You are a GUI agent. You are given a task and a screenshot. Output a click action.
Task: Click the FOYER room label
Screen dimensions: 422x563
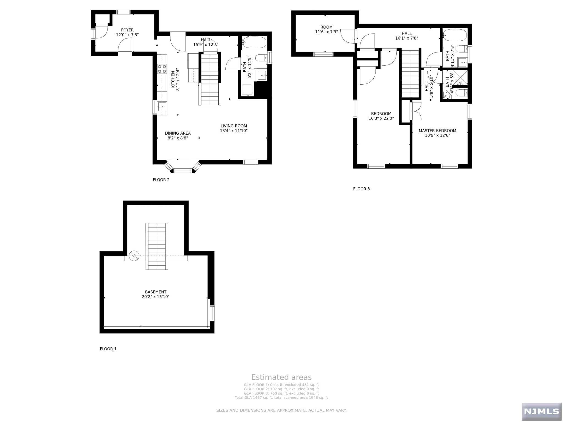click(x=127, y=30)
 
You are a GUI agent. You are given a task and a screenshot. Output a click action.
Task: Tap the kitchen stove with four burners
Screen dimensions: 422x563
click(x=162, y=69)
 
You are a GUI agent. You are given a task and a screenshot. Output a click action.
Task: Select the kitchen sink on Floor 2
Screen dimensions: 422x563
click(x=162, y=106)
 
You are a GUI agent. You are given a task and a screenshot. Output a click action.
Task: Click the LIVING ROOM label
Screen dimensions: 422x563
click(x=234, y=126)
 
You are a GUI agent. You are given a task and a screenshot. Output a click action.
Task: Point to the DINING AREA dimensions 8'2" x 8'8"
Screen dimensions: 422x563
click(x=178, y=138)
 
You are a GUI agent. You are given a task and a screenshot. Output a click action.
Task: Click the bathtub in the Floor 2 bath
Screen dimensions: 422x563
click(x=255, y=43)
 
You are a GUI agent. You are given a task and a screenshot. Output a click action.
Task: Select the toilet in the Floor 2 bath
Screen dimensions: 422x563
click(x=261, y=58)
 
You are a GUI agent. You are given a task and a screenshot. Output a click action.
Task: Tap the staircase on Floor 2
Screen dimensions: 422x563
click(x=210, y=79)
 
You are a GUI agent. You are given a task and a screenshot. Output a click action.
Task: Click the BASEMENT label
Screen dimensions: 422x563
click(x=156, y=292)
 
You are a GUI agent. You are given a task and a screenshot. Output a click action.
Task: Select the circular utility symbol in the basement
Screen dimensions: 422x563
click(x=134, y=256)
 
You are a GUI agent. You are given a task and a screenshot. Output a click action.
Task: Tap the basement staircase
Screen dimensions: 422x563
click(x=157, y=246)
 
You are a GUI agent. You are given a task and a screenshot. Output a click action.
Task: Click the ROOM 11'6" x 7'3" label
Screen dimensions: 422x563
click(x=326, y=29)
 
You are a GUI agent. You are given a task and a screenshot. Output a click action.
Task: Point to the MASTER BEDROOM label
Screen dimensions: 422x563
click(x=437, y=131)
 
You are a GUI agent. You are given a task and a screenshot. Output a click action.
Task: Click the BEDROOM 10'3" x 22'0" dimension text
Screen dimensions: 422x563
click(x=381, y=118)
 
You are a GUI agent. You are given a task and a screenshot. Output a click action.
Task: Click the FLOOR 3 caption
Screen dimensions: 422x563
click(x=361, y=189)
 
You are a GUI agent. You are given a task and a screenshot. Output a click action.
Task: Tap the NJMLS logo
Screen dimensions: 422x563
click(x=541, y=411)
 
